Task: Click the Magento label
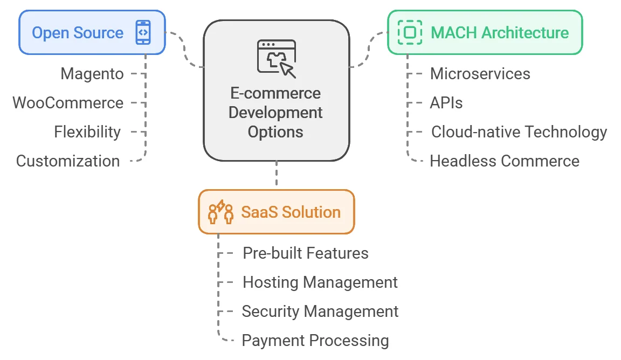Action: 92,74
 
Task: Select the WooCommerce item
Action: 68,103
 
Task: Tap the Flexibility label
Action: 87,132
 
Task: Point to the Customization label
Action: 68,161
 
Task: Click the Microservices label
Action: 480,74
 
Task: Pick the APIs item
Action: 446,103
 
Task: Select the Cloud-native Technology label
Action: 519,132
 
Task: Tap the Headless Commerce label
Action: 505,161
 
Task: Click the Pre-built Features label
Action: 305,253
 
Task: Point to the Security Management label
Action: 320,311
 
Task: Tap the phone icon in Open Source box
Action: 143,32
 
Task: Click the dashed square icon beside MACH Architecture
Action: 410,32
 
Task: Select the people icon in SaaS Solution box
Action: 220,212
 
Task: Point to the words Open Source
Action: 78,33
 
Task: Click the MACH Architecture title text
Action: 500,32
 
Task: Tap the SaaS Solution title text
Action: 291,212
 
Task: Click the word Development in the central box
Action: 275,113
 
